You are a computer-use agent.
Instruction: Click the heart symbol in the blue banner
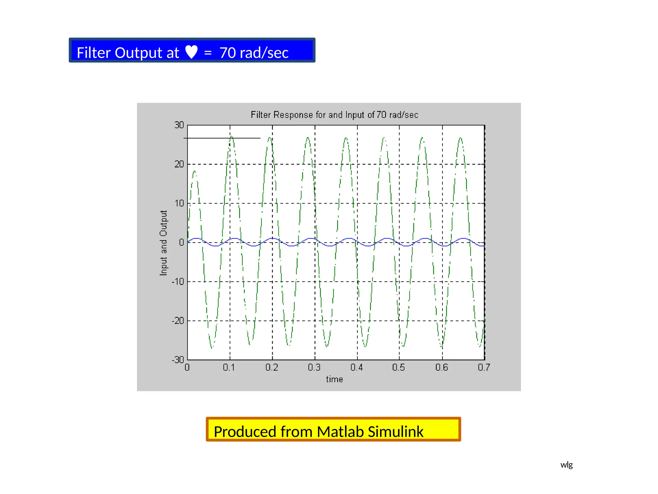(x=191, y=52)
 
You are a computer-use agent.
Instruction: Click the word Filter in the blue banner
(x=93, y=53)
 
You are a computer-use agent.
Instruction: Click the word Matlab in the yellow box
(x=340, y=432)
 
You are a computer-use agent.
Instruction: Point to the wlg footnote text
(x=566, y=465)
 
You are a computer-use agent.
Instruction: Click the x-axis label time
(x=334, y=380)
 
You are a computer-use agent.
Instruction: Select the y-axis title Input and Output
(x=164, y=243)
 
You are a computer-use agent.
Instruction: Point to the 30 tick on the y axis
(x=179, y=125)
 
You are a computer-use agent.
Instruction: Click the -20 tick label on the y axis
(x=178, y=321)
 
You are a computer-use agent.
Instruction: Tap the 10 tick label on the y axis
(x=179, y=203)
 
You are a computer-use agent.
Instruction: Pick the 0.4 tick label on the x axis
(x=356, y=367)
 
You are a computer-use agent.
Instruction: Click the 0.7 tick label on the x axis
(x=484, y=367)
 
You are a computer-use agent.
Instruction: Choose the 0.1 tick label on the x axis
(x=229, y=367)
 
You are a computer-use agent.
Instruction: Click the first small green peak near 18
(x=194, y=172)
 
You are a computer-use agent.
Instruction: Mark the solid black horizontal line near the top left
(x=222, y=138)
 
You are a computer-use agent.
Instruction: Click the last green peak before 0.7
(x=460, y=138)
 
